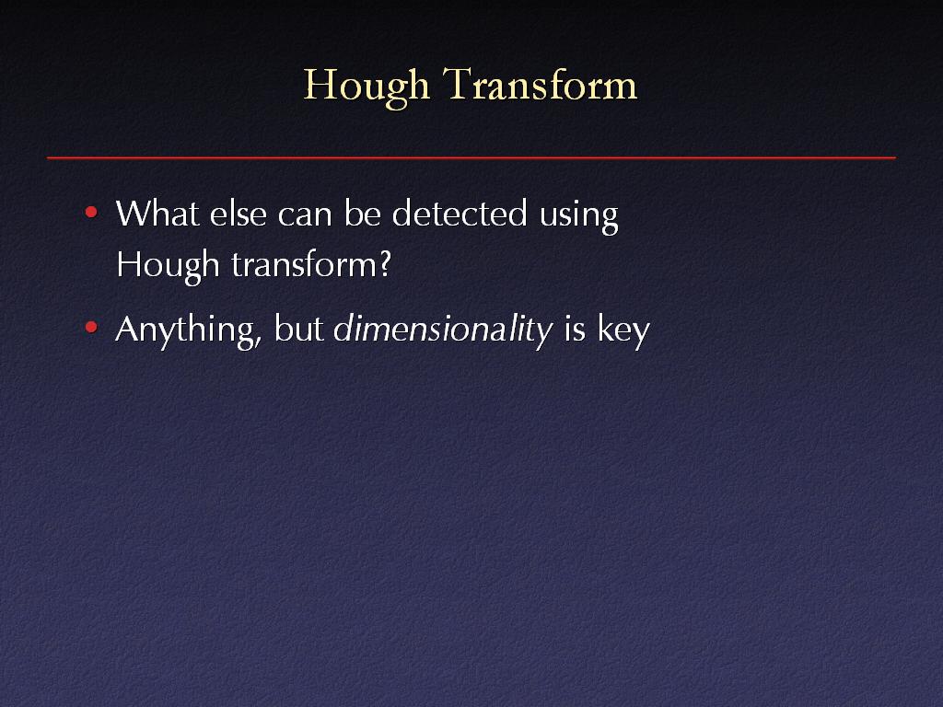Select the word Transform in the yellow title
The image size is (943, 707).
pos(540,84)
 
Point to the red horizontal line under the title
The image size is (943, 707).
pos(471,157)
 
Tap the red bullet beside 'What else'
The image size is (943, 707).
pos(91,213)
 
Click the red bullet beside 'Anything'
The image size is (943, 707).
pos(91,328)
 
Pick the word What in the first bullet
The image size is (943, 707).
pos(157,213)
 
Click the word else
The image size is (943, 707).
pos(239,213)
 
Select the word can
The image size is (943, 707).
pos(305,217)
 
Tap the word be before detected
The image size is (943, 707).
pos(362,213)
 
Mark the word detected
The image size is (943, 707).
pos(460,213)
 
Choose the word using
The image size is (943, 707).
pos(578,217)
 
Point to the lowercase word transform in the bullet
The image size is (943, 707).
pos(305,264)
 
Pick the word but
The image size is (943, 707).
pos(299,329)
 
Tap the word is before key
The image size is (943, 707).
pos(575,329)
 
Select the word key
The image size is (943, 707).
pos(623,331)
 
